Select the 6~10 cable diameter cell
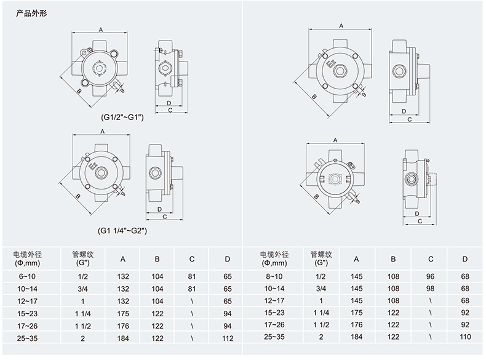28,277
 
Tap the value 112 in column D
228,338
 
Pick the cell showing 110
464,338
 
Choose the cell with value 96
430,277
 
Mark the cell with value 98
430,288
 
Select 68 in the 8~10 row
464,277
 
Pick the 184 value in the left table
123,338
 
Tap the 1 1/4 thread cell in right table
321,313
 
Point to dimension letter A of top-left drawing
100,28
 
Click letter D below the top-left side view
169,103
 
